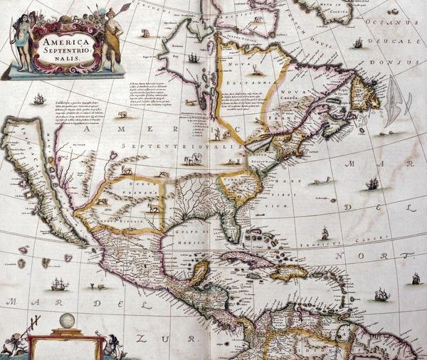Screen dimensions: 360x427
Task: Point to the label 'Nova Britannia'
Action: point(246,74)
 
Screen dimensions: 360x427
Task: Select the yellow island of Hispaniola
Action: point(288,272)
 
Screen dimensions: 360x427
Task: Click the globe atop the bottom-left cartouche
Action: point(68,321)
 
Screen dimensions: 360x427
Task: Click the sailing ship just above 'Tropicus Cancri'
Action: point(325,233)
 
